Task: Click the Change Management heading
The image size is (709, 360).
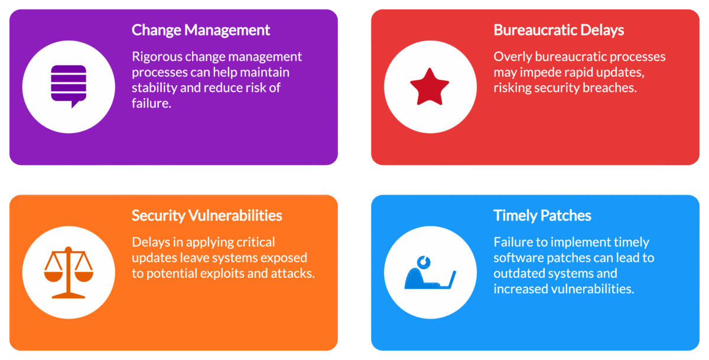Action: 201,30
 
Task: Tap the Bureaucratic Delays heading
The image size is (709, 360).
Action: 558,30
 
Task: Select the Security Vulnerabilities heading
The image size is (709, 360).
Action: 207,215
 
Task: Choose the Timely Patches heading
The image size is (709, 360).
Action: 542,215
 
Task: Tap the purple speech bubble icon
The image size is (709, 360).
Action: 69,86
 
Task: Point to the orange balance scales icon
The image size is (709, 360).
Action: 69,272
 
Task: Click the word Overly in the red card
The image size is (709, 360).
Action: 510,57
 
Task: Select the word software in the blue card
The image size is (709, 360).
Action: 518,258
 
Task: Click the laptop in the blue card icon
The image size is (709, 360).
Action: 447,279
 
